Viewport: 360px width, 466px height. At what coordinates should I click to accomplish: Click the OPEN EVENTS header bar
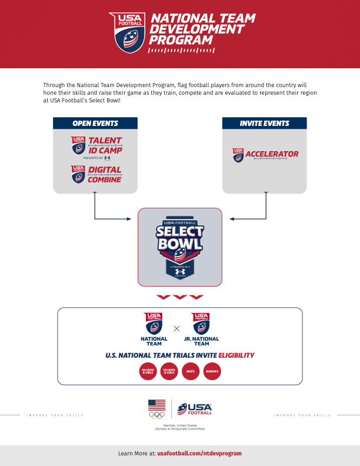pyautogui.click(x=95, y=124)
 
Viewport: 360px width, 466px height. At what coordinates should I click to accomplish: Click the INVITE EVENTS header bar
pyautogui.click(x=264, y=124)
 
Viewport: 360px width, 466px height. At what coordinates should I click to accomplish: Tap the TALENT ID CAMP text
pyautogui.click(x=105, y=145)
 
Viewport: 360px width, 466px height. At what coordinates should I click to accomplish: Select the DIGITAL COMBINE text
pyautogui.click(x=105, y=174)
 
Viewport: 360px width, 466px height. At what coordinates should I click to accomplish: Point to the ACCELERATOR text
pyautogui.click(x=272, y=154)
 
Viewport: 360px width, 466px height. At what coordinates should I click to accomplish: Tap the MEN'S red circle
pyautogui.click(x=191, y=372)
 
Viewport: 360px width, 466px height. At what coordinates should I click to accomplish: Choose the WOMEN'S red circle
pyautogui.click(x=212, y=372)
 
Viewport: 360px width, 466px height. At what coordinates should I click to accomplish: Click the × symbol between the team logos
pyautogui.click(x=176, y=328)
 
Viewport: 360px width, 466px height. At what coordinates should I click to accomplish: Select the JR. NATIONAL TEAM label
pyautogui.click(x=201, y=341)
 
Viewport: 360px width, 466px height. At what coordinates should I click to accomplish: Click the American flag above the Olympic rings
pyautogui.click(x=157, y=404)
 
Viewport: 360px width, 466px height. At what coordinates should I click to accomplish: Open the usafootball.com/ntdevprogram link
pyautogui.click(x=199, y=454)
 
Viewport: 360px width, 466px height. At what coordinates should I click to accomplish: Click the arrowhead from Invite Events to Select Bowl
pyautogui.click(x=232, y=219)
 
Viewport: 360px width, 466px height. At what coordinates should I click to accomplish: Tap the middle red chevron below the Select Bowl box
pyautogui.click(x=180, y=297)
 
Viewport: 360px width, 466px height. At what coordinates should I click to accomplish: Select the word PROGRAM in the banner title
pyautogui.click(x=181, y=40)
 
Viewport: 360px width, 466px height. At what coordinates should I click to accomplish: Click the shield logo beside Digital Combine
pyautogui.click(x=78, y=174)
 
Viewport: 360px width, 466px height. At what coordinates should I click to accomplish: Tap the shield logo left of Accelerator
pyautogui.click(x=238, y=155)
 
